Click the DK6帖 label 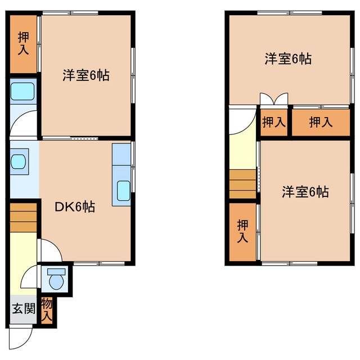[74, 207]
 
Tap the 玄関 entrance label [24, 308]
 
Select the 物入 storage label [47, 310]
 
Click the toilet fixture [56, 278]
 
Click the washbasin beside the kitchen [19, 160]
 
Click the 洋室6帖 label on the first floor [85, 75]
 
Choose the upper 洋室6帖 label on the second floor [288, 58]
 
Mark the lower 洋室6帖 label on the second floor [305, 192]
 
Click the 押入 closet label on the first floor [24, 44]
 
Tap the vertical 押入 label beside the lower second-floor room [242, 231]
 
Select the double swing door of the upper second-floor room [274, 100]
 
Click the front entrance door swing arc [21, 336]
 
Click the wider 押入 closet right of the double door [319, 121]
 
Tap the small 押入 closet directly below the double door [274, 121]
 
